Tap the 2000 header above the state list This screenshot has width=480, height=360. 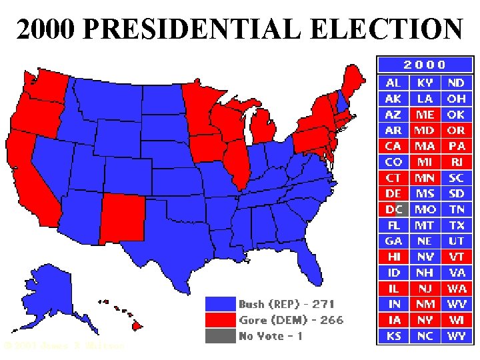[x=425, y=65]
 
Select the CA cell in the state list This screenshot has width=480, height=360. [x=393, y=146]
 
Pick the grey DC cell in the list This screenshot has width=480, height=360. [x=393, y=209]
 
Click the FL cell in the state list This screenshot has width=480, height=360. [x=393, y=225]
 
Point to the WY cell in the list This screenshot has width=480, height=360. [x=457, y=336]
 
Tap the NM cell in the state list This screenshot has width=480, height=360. [x=425, y=304]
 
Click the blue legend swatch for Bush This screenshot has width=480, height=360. [x=221, y=304]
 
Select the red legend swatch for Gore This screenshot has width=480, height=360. [x=221, y=320]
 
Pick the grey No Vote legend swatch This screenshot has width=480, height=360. [x=221, y=335]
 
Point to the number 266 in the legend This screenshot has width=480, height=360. [x=331, y=320]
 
